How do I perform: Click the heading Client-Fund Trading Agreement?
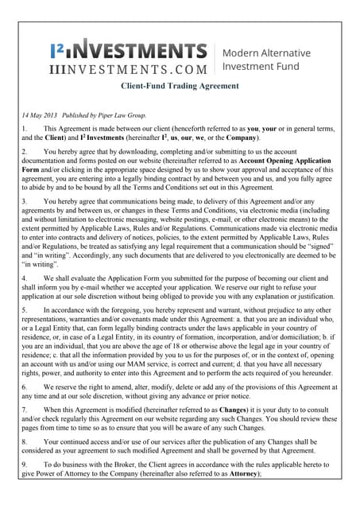179,85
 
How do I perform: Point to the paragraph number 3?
24,202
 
